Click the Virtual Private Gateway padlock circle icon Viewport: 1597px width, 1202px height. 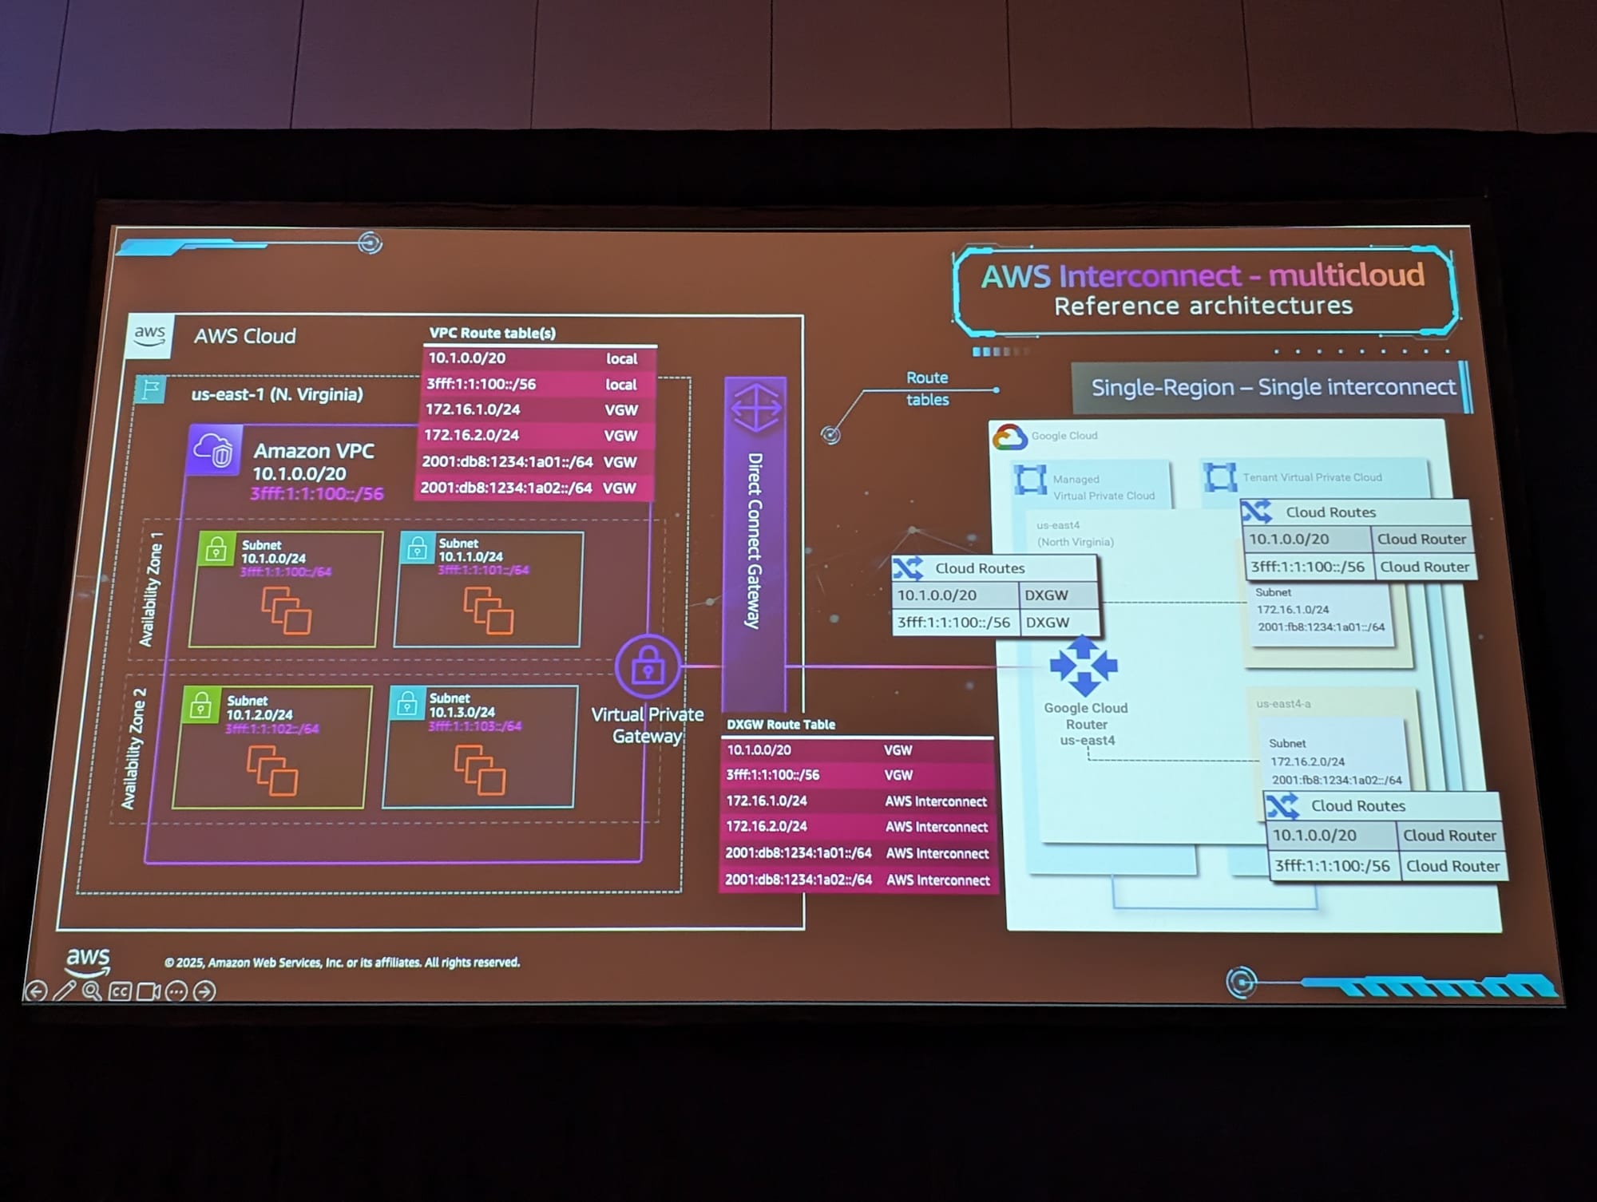(x=648, y=666)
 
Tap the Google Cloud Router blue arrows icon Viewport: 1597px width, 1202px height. (x=1083, y=665)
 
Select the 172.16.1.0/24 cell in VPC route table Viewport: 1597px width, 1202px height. (x=473, y=409)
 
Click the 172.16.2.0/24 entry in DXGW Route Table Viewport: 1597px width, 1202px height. (x=767, y=826)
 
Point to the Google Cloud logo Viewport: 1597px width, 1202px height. (x=1009, y=437)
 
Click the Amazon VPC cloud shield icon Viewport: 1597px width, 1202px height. (x=214, y=451)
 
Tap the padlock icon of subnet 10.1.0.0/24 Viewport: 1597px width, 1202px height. (x=216, y=550)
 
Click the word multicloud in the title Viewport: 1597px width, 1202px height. (x=1345, y=275)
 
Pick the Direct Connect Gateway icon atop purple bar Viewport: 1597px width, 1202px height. (x=755, y=406)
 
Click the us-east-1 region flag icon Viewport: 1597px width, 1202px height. (x=150, y=389)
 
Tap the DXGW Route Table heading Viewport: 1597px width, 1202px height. (x=780, y=725)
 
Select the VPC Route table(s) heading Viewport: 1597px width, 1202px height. (x=492, y=333)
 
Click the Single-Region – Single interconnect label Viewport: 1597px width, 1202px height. (x=1273, y=387)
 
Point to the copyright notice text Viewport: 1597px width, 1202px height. (x=342, y=963)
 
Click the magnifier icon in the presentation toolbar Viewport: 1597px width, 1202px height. (x=92, y=990)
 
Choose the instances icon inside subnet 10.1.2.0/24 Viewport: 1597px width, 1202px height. (x=271, y=770)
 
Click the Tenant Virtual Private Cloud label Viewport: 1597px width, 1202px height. (x=1311, y=477)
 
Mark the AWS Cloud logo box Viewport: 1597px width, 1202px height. (x=149, y=335)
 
